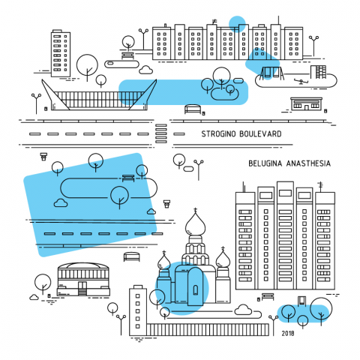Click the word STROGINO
click(x=218, y=134)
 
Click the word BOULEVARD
click(x=260, y=134)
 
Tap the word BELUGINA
click(x=265, y=163)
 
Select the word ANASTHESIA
click(x=308, y=163)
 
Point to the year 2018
click(x=288, y=333)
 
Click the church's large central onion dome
click(x=196, y=224)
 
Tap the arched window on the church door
click(x=196, y=290)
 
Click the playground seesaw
click(x=301, y=81)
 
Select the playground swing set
click(x=272, y=73)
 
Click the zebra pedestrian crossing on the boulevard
click(x=161, y=134)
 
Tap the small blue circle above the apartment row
click(x=237, y=24)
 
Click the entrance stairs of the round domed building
click(x=82, y=292)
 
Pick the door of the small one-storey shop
click(x=306, y=107)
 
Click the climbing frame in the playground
click(x=318, y=72)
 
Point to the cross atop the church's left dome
click(x=164, y=252)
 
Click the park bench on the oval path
click(x=128, y=178)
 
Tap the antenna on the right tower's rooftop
click(x=321, y=187)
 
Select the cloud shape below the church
click(x=243, y=310)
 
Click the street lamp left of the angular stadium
click(x=37, y=103)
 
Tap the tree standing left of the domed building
click(x=43, y=284)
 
